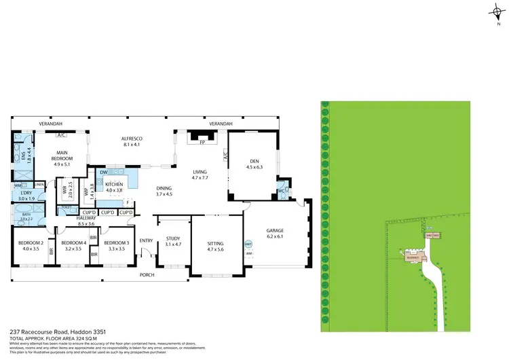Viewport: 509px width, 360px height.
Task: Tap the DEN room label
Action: point(253,160)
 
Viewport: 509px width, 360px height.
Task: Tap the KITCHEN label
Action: point(114,184)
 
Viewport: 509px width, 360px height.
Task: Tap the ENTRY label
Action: point(147,240)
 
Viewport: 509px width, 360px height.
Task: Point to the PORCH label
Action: point(147,274)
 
